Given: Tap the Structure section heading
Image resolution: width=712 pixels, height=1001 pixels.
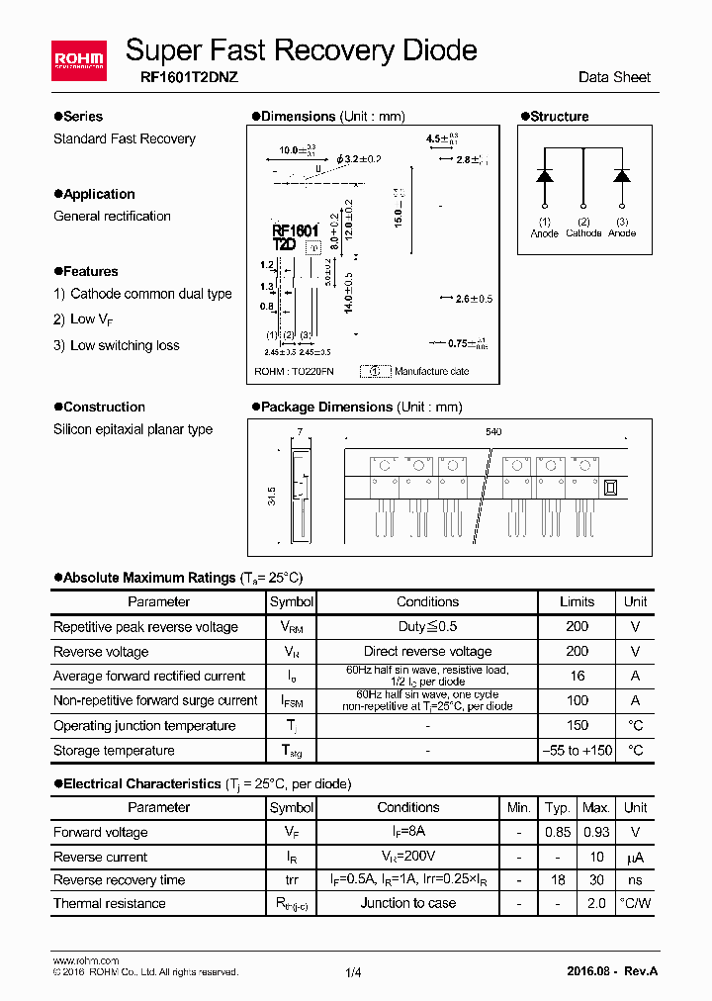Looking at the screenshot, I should [x=559, y=117].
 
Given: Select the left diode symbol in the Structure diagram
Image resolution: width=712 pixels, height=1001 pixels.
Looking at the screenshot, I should [x=544, y=175].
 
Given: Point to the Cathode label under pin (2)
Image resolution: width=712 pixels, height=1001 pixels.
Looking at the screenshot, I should [x=583, y=233].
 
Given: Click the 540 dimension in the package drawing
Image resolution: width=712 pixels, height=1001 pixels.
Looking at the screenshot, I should [x=493, y=432].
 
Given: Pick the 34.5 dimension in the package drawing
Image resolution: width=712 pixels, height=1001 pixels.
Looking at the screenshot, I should [x=271, y=496].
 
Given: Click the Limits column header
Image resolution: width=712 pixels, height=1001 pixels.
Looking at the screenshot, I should [x=577, y=601].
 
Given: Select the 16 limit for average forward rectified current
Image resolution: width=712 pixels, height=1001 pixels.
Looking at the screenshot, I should [x=577, y=677].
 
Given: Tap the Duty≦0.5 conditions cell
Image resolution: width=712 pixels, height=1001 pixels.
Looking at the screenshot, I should [x=427, y=626].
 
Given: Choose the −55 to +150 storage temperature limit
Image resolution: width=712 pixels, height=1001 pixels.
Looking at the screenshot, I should [x=577, y=751].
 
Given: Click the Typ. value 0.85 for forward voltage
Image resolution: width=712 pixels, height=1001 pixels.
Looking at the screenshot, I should [x=558, y=832].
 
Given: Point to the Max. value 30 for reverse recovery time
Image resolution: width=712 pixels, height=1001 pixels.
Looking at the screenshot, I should [x=595, y=880].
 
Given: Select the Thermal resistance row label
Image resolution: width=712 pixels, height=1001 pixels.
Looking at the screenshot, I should [x=110, y=904].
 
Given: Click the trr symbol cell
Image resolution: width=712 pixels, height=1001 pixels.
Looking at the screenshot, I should [x=292, y=880].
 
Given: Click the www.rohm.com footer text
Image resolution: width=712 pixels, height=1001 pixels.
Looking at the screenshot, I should [x=86, y=960].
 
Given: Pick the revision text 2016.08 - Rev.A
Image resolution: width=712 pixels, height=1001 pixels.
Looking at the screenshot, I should [x=613, y=971].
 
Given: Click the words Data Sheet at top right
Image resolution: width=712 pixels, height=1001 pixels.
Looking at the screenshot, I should [x=614, y=77].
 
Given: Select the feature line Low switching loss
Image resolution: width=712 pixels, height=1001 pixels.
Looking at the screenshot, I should [x=125, y=345].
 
